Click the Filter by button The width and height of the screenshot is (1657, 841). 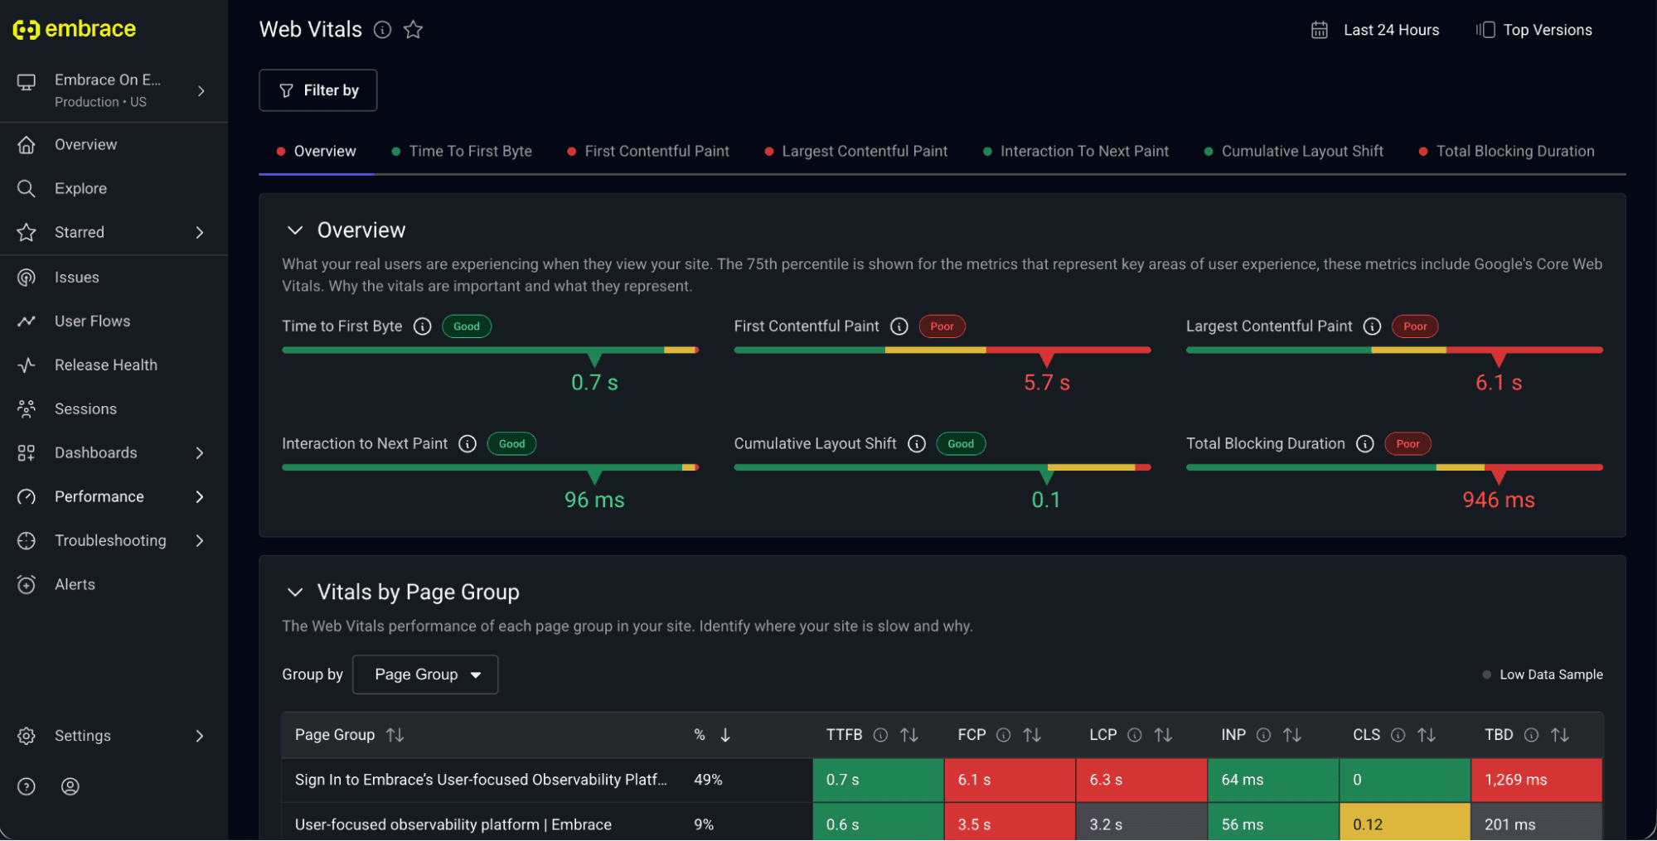(317, 90)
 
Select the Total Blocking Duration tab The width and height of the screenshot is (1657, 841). (1506, 152)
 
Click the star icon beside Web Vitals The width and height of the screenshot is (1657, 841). (413, 30)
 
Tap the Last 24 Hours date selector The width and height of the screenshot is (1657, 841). (1375, 30)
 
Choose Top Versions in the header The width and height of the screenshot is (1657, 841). (1534, 30)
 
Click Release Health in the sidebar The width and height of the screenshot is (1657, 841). (105, 365)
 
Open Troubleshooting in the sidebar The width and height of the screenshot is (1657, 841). (110, 541)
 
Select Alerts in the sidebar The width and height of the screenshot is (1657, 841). (75, 585)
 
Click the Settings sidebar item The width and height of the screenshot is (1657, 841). (82, 736)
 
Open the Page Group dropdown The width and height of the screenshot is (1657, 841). (425, 674)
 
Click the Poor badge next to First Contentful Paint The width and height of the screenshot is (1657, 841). (942, 326)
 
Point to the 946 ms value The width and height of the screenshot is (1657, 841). (1499, 500)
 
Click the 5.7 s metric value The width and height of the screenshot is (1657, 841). (1047, 383)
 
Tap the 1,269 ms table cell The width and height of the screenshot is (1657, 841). (1537, 781)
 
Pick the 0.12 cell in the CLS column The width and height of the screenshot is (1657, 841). (1405, 824)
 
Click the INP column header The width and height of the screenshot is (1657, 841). (1233, 735)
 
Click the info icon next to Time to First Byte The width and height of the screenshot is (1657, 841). (423, 326)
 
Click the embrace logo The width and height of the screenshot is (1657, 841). (75, 29)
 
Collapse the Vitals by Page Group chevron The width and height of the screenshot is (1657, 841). (295, 592)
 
